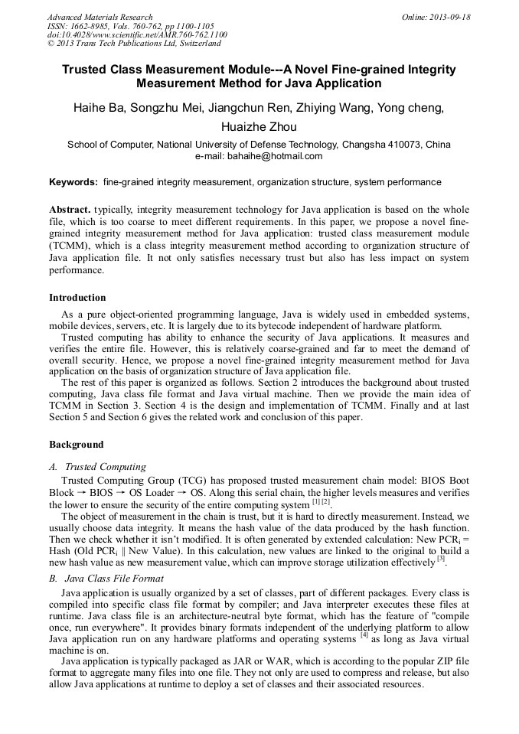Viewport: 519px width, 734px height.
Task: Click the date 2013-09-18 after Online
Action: tap(449, 17)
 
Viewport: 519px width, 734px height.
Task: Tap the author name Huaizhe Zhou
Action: tap(259, 127)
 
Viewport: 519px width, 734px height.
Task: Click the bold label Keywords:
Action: tap(73, 182)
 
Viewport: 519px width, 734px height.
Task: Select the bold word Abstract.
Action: tap(70, 209)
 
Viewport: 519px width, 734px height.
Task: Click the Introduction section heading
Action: tap(77, 297)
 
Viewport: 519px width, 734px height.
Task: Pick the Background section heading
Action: tap(76, 444)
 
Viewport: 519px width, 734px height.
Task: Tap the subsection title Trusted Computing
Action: tap(106, 466)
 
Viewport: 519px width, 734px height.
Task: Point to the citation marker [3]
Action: tap(441, 559)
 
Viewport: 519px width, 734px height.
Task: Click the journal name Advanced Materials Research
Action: tap(100, 17)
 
